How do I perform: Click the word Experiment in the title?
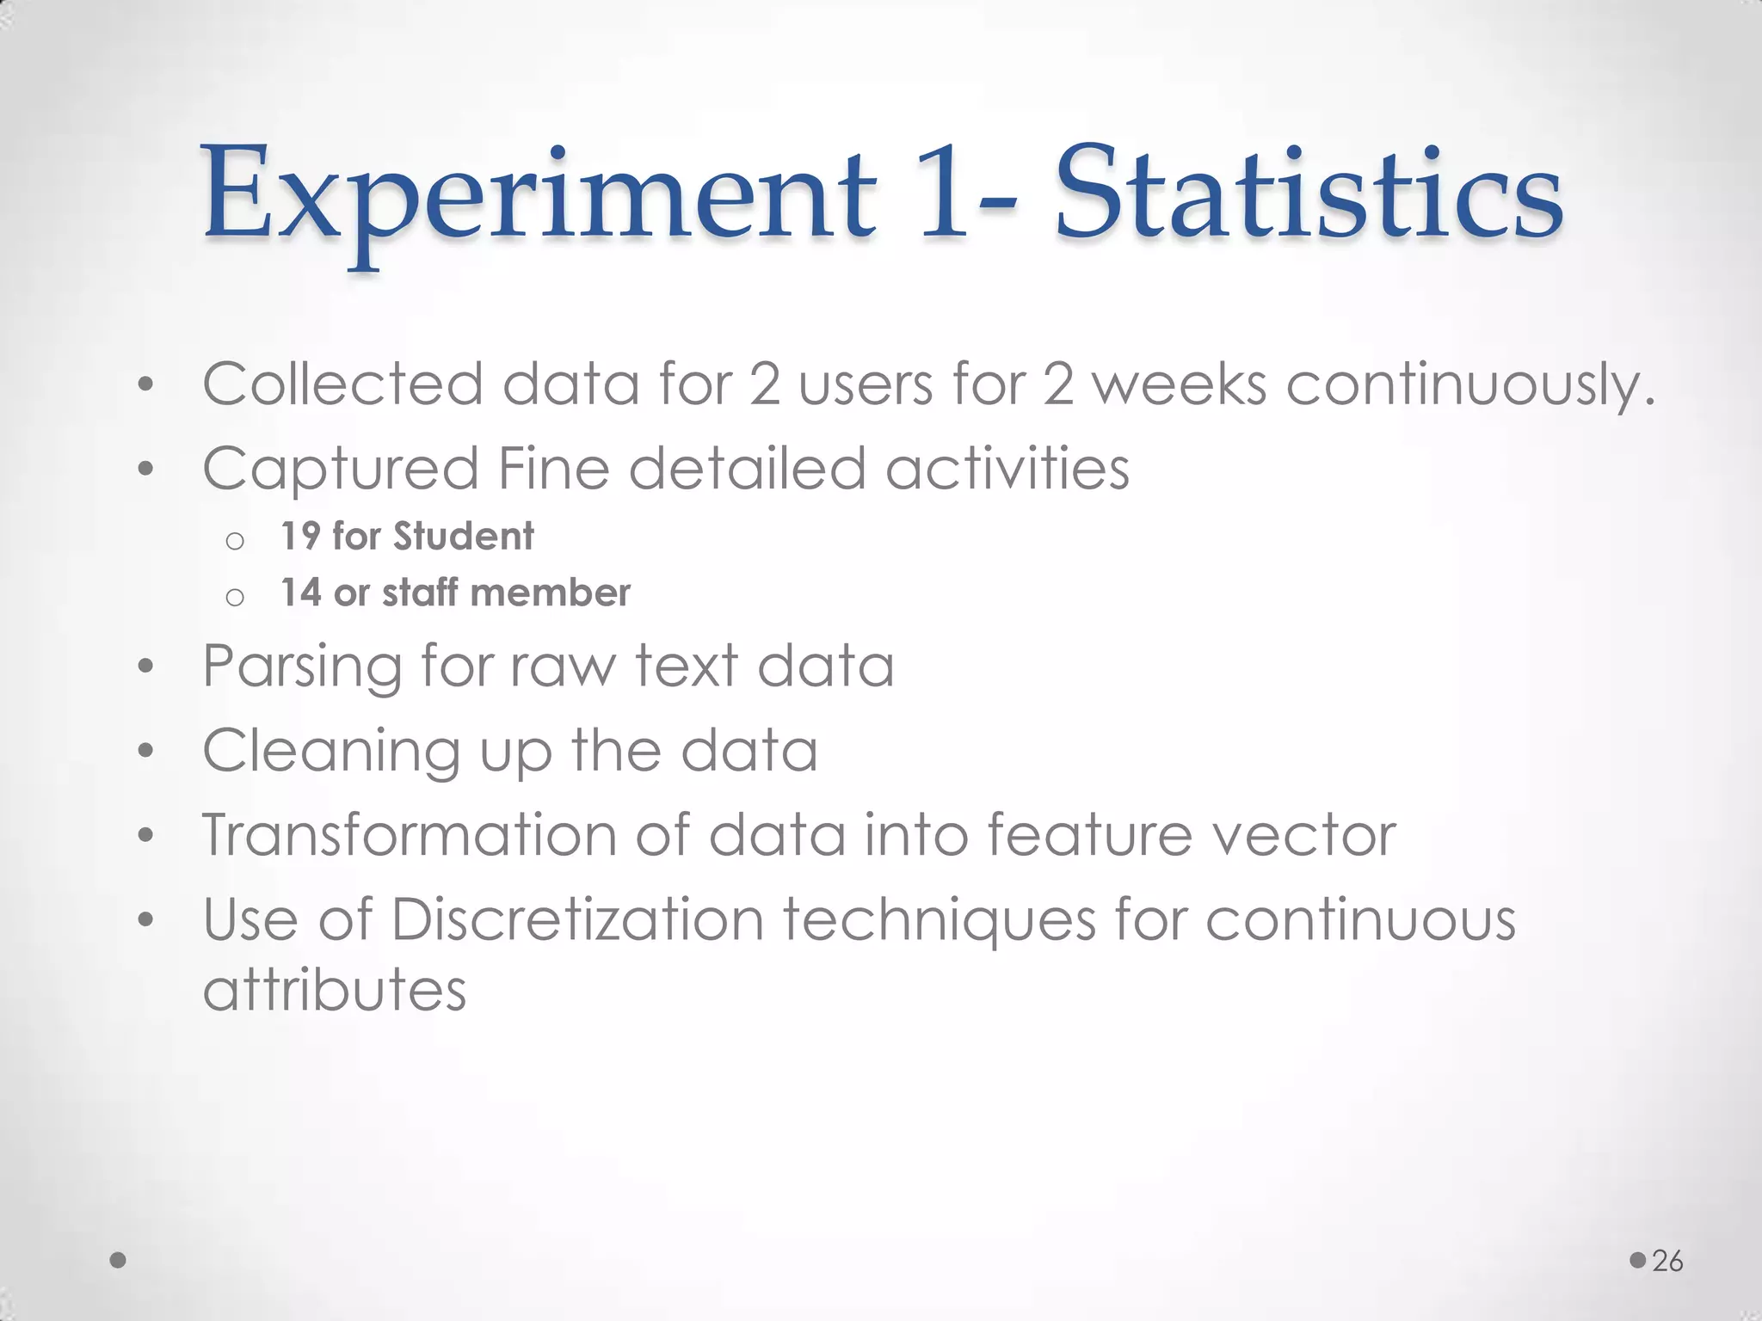coord(539,196)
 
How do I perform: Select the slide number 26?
coord(1667,1261)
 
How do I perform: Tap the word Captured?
coord(340,469)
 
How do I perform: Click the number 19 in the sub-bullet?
coord(300,536)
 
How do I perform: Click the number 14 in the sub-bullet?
coord(300,593)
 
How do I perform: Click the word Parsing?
coord(302,667)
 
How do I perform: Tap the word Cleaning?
coord(331,751)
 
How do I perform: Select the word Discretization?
coord(577,919)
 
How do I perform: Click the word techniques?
coord(939,919)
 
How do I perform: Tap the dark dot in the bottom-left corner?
coord(119,1260)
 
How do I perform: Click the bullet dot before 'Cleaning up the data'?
coord(145,751)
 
